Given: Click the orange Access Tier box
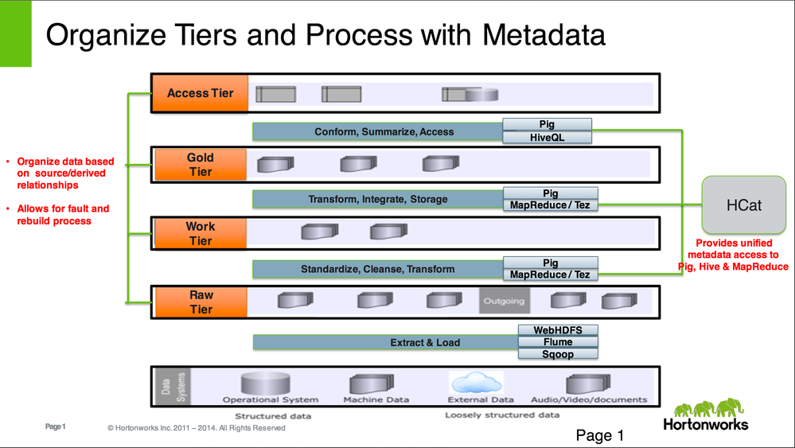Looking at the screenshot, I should tap(200, 93).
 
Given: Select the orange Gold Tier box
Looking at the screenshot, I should tap(200, 164).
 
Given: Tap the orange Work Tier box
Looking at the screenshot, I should tap(200, 233).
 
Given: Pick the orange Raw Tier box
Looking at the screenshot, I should tap(200, 302).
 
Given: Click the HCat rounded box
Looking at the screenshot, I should tap(743, 205).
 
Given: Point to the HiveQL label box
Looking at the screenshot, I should tap(548, 137).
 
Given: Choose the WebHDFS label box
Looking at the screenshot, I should tap(557, 329).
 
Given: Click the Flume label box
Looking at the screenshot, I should tap(557, 341).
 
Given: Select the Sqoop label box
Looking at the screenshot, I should tap(557, 353).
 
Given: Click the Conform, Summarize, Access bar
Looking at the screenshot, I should tap(378, 131).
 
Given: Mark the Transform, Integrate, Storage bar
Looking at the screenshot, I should tap(378, 199).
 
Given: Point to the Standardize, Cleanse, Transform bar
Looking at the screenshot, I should tap(378, 269).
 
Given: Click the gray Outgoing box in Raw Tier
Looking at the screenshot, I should tap(503, 301).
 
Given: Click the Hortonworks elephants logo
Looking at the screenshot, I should tap(705, 409).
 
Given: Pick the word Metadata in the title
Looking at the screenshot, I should tap(537, 35).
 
